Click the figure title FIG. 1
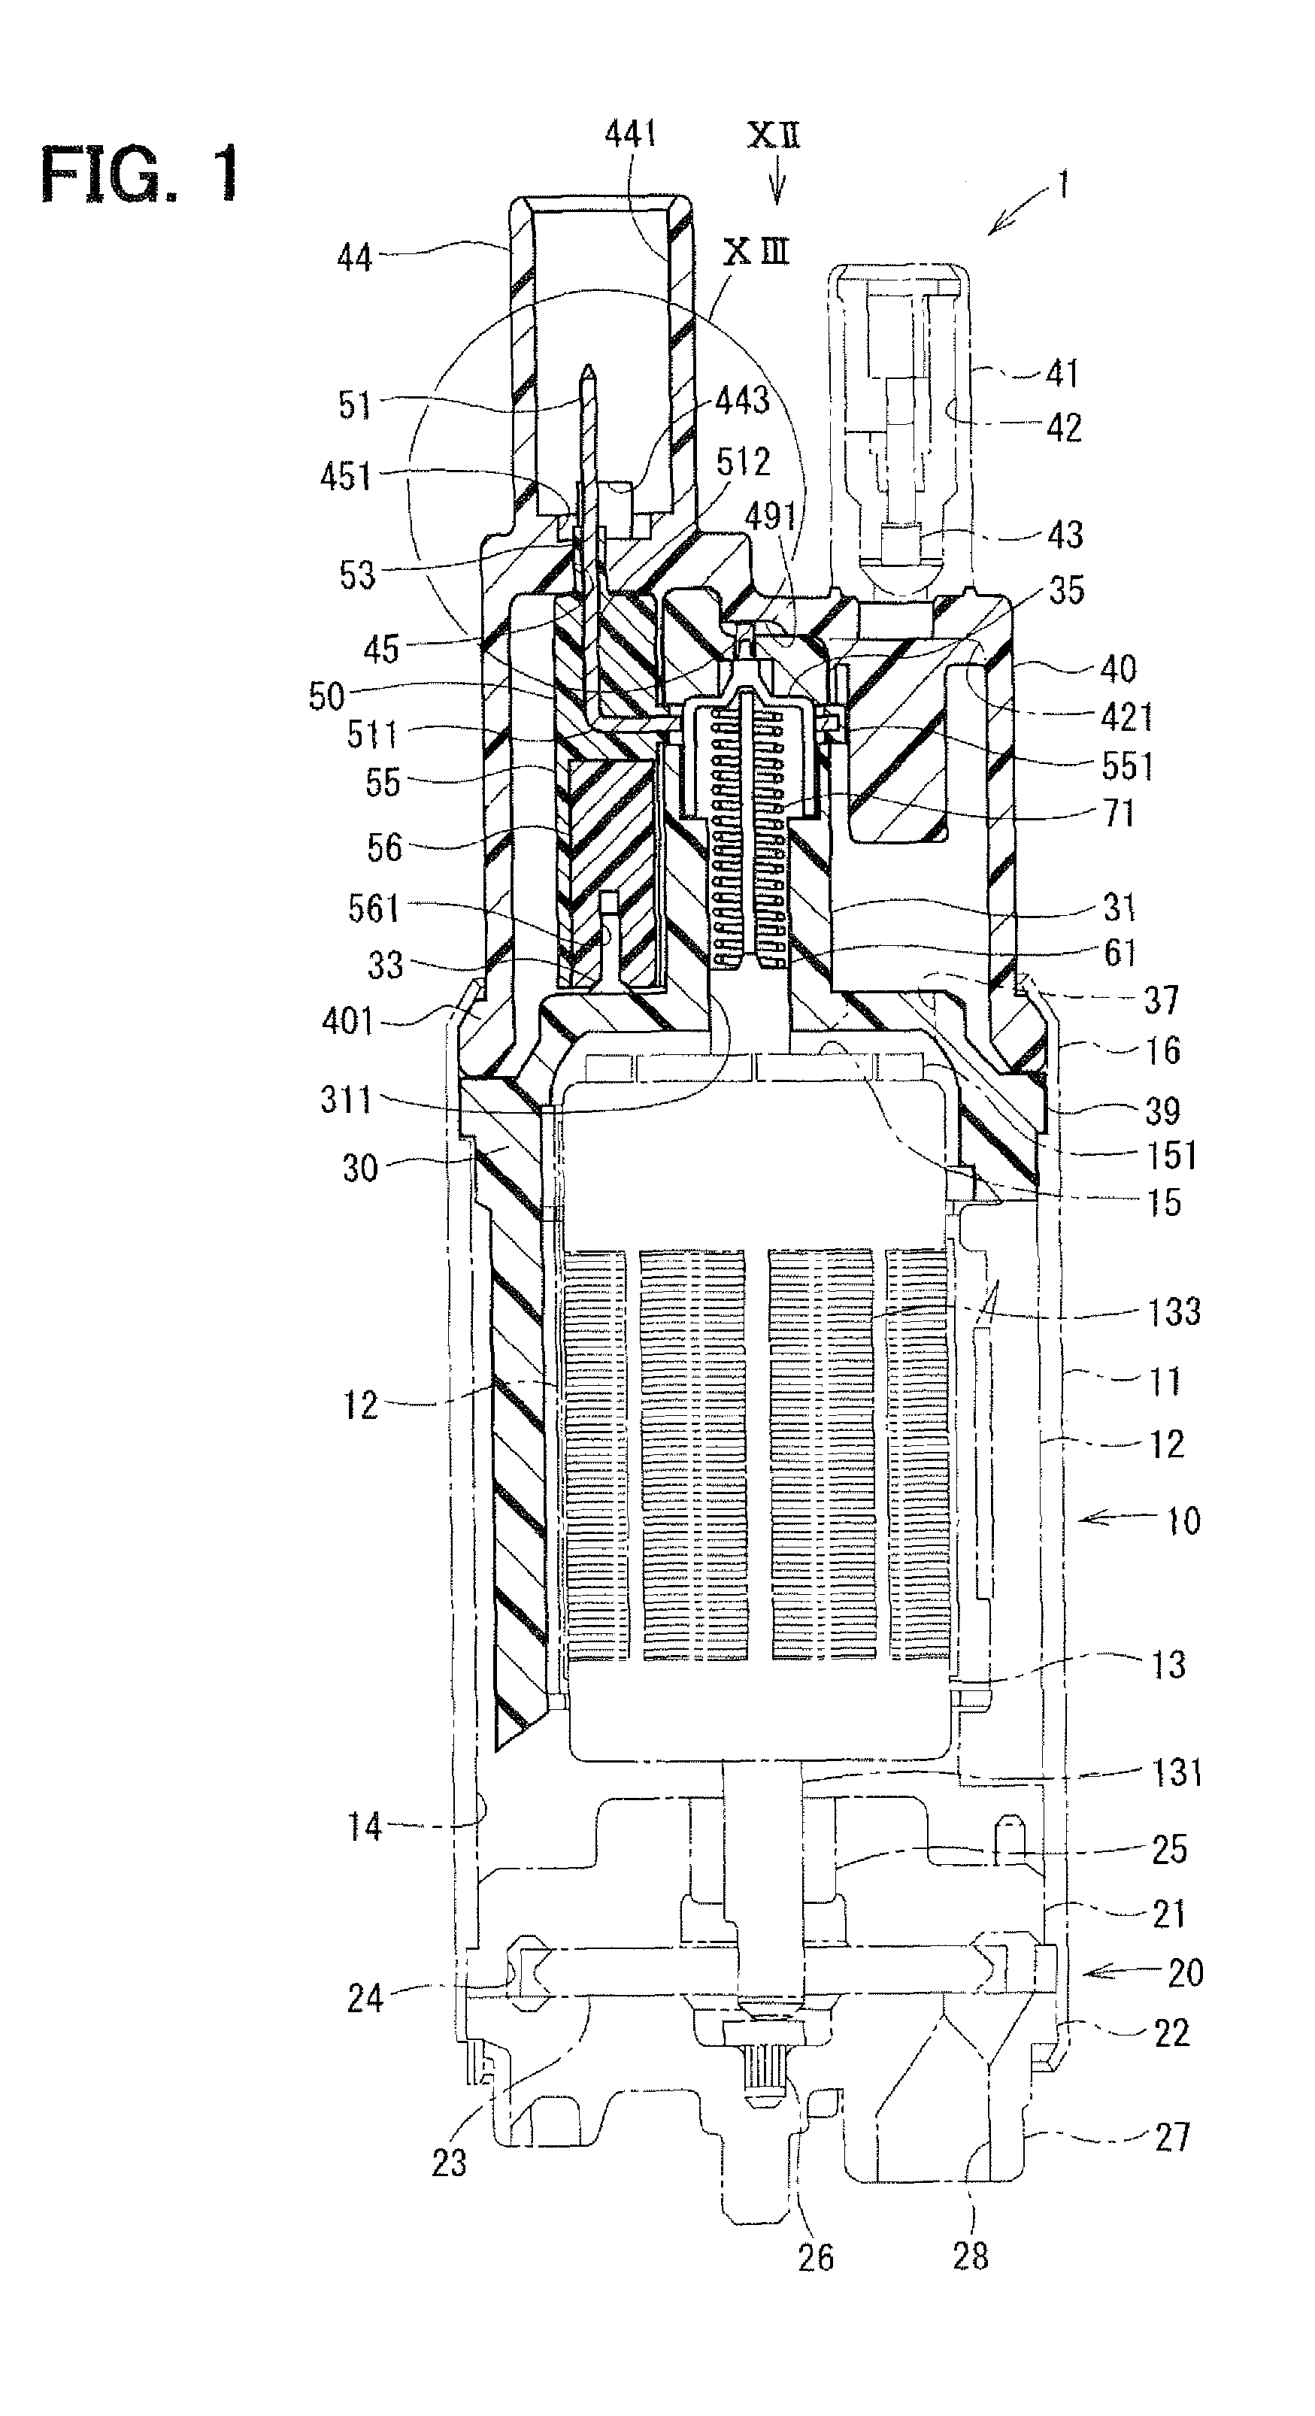tap(140, 175)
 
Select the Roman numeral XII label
tap(774, 136)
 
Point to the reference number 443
tap(742, 402)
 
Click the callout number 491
tap(771, 515)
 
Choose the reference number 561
tap(374, 907)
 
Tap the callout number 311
tap(346, 1099)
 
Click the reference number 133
tap(1174, 1311)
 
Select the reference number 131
tap(1176, 1771)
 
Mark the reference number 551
tap(1126, 766)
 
